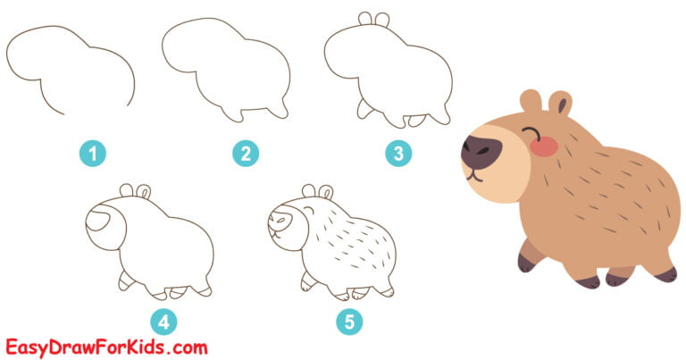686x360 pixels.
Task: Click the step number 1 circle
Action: pos(92,154)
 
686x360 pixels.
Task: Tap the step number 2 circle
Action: pos(244,154)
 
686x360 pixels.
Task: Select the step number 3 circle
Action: pos(398,154)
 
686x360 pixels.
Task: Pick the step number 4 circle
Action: pos(164,321)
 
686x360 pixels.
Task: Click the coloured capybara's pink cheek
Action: pos(544,146)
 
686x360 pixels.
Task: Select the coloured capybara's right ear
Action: pos(561,102)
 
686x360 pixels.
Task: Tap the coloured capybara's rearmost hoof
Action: pos(665,273)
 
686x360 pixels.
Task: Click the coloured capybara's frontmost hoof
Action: pos(525,262)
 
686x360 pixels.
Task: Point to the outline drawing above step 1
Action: pos(71,71)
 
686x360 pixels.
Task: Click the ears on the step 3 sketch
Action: pos(373,19)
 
